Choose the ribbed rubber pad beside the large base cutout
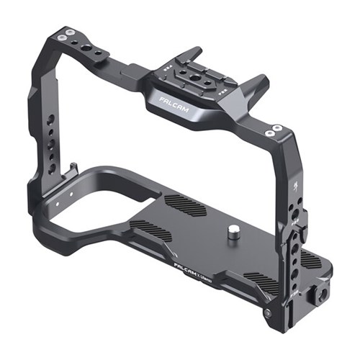coord(153,230)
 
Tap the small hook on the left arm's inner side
coord(73,170)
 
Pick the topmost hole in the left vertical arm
coord(49,117)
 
